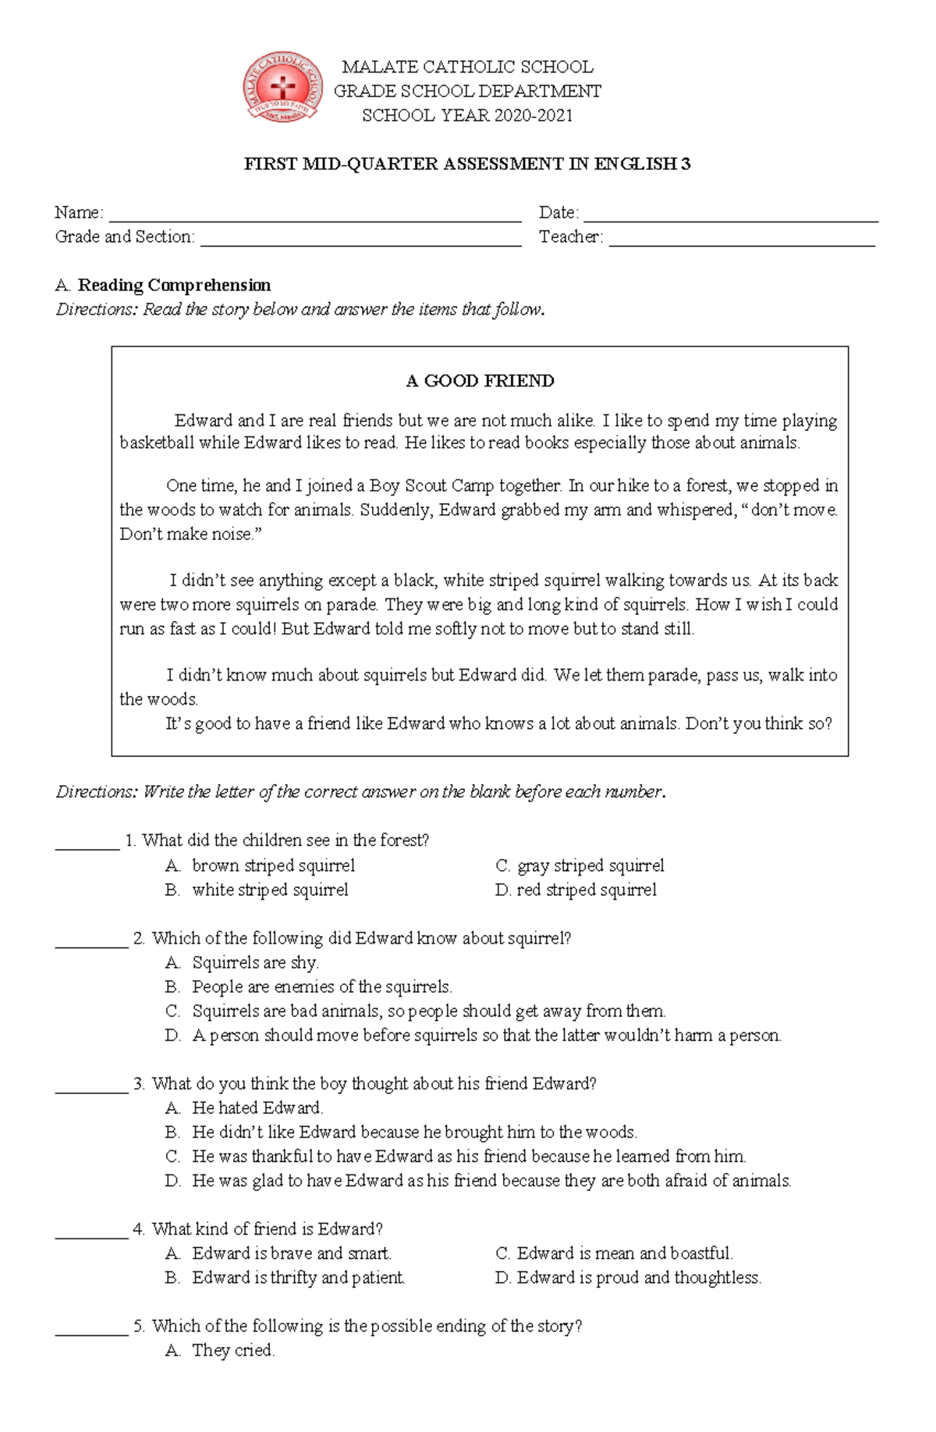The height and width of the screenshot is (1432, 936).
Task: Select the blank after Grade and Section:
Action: [360, 241]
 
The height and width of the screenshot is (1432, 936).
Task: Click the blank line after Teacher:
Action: [741, 241]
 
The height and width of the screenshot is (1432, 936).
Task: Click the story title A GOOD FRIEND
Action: [480, 381]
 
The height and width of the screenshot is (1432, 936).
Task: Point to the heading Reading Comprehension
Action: [174, 285]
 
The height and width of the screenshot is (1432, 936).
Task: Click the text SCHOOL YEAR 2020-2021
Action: [467, 115]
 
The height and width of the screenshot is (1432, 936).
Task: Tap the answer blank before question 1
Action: [87, 844]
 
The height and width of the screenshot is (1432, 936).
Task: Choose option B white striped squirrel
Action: [269, 890]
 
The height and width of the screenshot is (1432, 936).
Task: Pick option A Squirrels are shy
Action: [255, 962]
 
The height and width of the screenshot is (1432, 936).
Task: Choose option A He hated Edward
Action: [257, 1107]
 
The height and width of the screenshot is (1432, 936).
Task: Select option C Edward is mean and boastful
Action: [624, 1253]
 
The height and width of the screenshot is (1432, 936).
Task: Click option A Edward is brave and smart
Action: [291, 1253]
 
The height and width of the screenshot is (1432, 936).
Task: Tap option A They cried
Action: [232, 1350]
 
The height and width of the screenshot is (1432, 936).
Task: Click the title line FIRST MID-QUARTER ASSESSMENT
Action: [467, 164]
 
